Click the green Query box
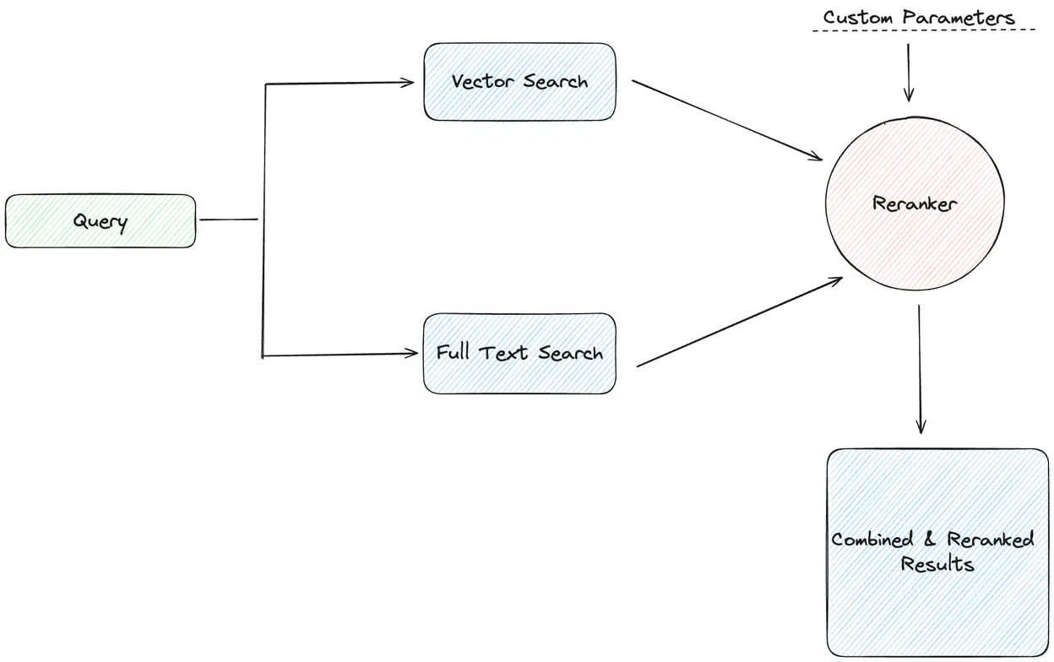101,221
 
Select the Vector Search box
519,82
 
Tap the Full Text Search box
519,353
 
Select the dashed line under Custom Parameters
923,31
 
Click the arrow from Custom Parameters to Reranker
909,73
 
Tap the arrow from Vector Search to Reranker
726,120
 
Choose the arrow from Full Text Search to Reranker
739,322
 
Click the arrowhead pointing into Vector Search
409,83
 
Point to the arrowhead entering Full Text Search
414,354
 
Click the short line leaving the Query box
229,220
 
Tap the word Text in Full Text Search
505,353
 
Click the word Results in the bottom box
937,564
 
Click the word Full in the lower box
454,352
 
